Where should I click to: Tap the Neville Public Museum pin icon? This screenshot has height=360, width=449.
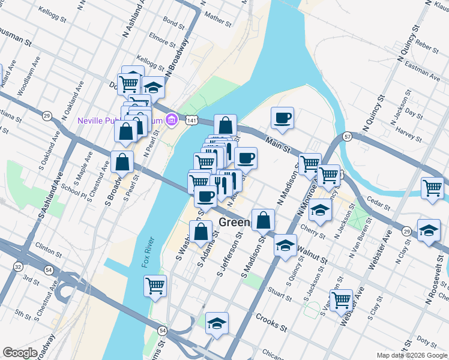[x=172, y=120]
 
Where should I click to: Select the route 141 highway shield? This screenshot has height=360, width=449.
[x=191, y=121]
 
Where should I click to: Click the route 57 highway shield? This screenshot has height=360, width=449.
[x=347, y=137]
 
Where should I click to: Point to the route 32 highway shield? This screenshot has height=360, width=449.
[x=19, y=266]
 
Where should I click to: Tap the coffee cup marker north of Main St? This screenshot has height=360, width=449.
[x=282, y=118]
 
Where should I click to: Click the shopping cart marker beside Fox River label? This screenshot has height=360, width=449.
[x=155, y=286]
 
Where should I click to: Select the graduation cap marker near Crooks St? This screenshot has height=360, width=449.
[x=217, y=323]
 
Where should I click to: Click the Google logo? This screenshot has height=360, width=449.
[x=20, y=353]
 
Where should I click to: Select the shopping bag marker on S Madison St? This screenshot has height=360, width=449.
[x=264, y=220]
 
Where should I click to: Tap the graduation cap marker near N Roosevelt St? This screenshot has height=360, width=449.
[x=429, y=230]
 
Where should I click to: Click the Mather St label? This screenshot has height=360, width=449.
[x=217, y=19]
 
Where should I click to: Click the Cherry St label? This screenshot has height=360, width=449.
[x=312, y=230]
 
